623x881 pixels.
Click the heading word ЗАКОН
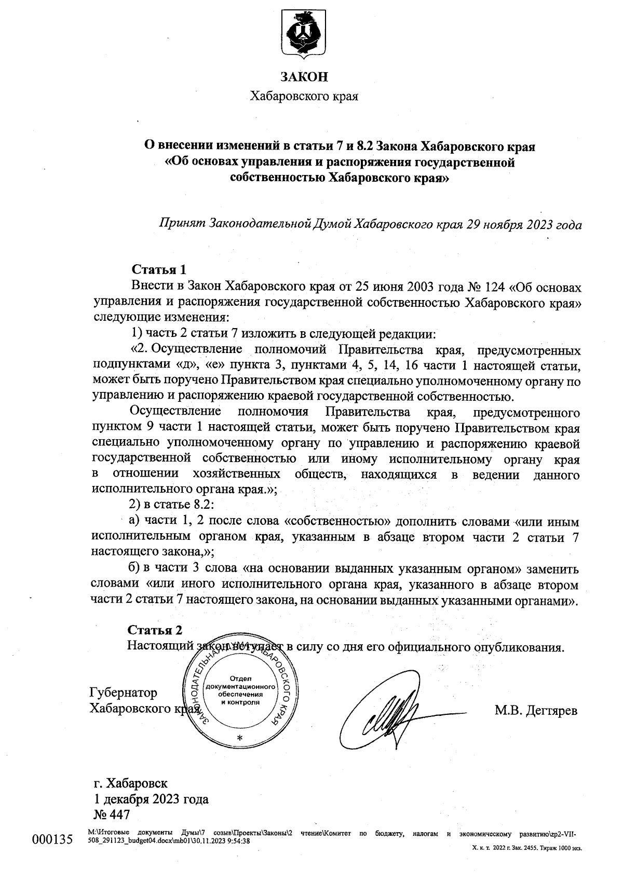pos(304,77)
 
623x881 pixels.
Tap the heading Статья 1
pos(159,269)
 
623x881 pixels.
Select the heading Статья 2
pos(155,630)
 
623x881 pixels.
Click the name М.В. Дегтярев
pos(536,711)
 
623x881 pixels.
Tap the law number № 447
pos(111,814)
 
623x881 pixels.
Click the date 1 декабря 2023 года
pos(151,798)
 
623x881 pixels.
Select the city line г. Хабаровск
pos(130,782)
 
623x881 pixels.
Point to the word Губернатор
pos(124,693)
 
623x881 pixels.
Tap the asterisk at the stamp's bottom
pos(239,738)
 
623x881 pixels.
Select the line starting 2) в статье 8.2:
pos(171,505)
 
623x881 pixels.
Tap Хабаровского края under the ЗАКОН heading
pos(304,96)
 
